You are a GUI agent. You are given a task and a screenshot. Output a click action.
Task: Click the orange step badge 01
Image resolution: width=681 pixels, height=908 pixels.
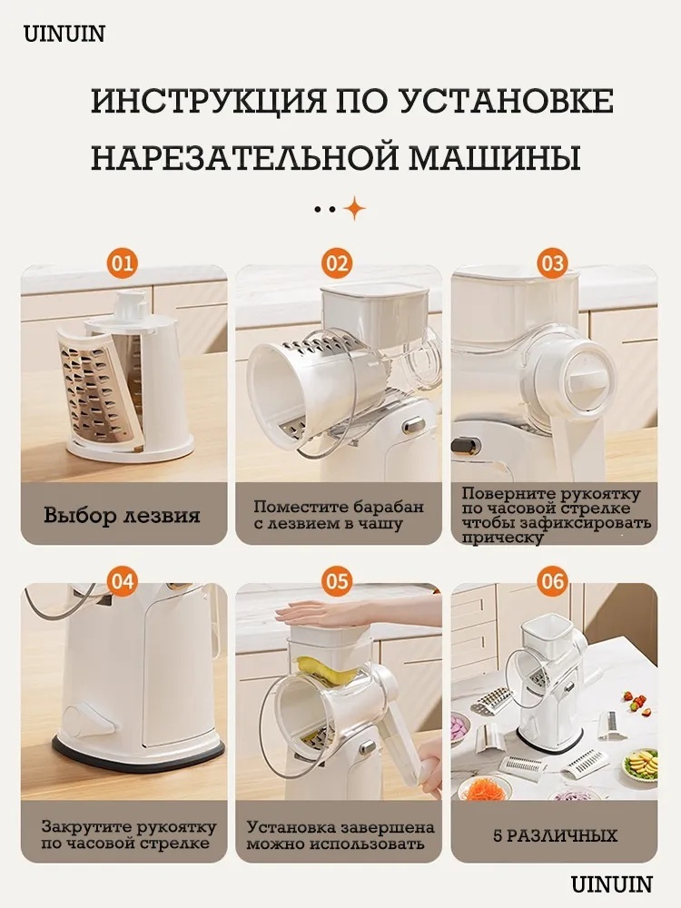coord(123,264)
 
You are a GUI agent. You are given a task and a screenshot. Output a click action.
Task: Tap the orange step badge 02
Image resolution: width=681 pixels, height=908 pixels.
coord(337,264)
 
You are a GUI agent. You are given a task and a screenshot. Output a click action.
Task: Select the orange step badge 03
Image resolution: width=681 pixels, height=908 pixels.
coord(552,264)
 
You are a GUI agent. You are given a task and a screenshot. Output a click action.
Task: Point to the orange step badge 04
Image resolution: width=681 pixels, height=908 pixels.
coord(123,581)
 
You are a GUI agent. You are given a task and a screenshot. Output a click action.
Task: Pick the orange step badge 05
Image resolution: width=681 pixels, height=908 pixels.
coord(337,581)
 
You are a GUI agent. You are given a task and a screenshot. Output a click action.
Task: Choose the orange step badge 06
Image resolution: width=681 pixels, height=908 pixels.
coord(552,581)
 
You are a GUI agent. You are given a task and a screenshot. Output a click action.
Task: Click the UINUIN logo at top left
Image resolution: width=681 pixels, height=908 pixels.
coord(64,35)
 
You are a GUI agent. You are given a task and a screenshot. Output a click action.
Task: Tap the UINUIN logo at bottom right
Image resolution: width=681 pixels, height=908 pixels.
coord(611,883)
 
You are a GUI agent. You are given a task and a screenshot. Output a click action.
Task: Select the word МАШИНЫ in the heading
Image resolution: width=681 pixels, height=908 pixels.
coord(495,157)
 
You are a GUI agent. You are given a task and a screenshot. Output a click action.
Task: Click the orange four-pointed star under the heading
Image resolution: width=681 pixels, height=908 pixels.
coord(354,208)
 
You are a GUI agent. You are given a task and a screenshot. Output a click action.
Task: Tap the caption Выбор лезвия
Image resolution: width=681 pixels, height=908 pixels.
coord(122,515)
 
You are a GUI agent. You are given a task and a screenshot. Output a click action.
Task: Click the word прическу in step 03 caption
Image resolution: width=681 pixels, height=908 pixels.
coord(503,538)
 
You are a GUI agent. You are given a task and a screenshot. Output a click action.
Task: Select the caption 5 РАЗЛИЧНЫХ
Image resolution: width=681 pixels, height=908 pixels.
coord(555,835)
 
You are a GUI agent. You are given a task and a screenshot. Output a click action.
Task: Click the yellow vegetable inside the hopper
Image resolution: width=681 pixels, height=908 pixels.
coord(329,671)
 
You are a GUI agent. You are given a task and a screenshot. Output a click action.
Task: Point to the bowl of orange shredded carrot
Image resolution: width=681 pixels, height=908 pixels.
coord(485,787)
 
